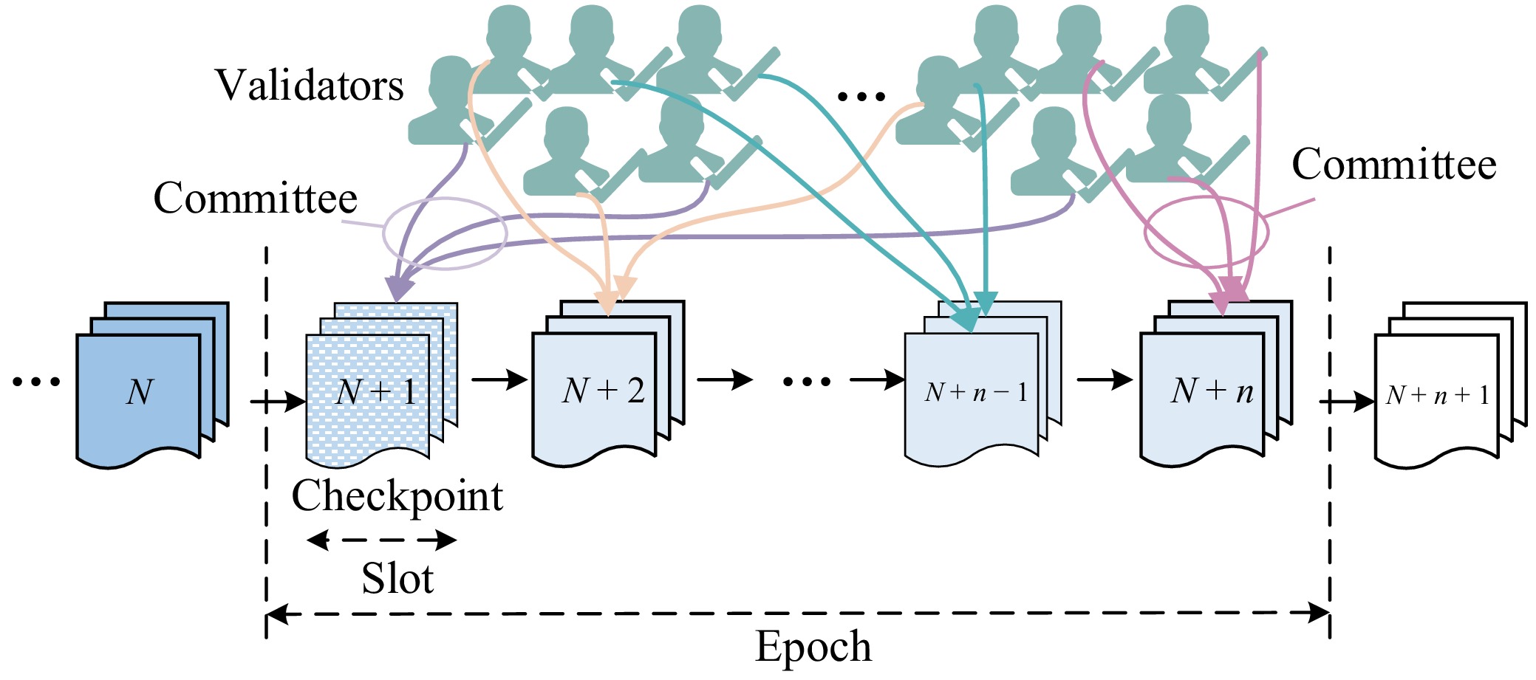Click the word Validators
click(310, 86)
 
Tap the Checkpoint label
click(397, 496)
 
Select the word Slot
click(397, 578)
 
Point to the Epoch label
click(813, 647)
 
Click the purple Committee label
click(255, 199)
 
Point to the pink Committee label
click(1393, 165)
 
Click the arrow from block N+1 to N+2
click(499, 380)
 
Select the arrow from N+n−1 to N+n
click(1104, 380)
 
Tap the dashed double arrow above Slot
click(382, 540)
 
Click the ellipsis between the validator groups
click(861, 96)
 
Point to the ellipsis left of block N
click(36, 382)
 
